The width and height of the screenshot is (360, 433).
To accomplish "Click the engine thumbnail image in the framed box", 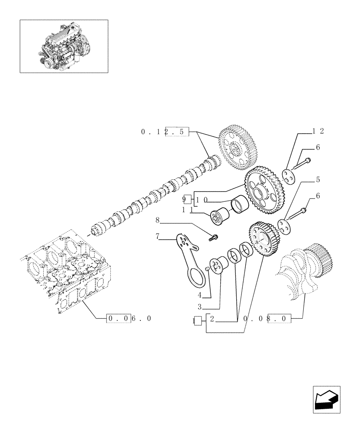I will (64, 46).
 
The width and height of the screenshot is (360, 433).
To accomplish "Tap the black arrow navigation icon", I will (327, 399).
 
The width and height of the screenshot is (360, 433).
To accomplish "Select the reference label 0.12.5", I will (165, 131).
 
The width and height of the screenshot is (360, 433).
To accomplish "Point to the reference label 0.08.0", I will (268, 319).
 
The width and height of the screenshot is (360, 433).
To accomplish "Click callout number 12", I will (318, 131).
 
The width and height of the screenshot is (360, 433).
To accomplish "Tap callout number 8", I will (158, 221).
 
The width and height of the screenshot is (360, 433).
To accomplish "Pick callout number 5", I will (318, 179).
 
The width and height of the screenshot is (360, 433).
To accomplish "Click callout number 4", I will (200, 296).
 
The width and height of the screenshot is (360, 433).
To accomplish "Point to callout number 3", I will (200, 307).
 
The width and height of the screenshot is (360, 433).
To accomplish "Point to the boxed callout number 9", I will (186, 200).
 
